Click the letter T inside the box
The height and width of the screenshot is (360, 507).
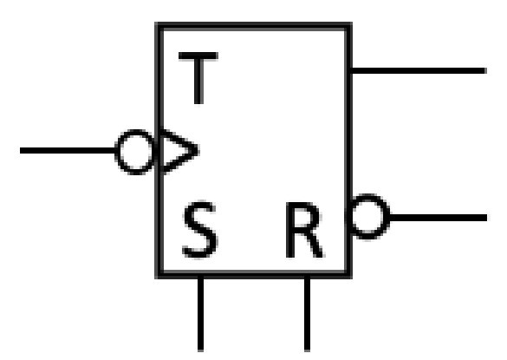pyautogui.click(x=198, y=78)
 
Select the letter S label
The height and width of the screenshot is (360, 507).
pyautogui.click(x=200, y=230)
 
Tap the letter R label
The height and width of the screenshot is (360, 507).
pyautogui.click(x=304, y=230)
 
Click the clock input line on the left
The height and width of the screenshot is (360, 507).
pyautogui.click(x=68, y=151)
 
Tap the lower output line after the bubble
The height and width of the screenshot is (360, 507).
pyautogui.click(x=439, y=218)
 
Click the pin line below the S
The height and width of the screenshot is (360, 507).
pyautogui.click(x=200, y=314)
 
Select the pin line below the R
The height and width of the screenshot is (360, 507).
pyautogui.click(x=307, y=314)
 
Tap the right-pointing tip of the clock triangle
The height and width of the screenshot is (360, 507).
pyautogui.click(x=198, y=151)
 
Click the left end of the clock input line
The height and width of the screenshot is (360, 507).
pyautogui.click(x=20, y=151)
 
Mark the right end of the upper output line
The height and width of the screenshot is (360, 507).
pyautogui.click(x=486, y=71)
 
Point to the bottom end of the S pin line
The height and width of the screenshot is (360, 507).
pyautogui.click(x=200, y=351)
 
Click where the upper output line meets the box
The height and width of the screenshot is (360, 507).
pyautogui.click(x=351, y=71)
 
